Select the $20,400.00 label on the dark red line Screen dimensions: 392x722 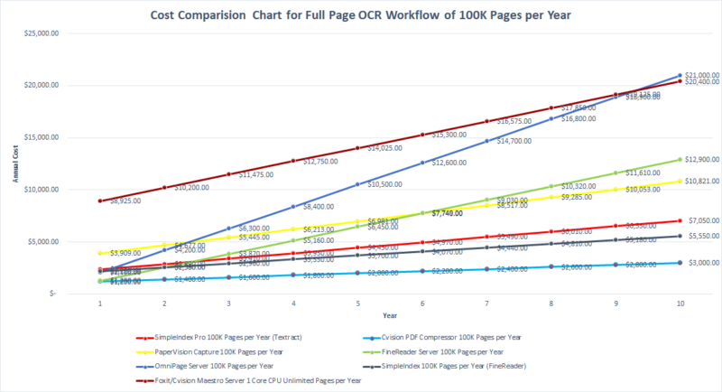click(703, 82)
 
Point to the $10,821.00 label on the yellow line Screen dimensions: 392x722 click(703, 182)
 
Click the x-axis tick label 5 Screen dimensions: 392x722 click(358, 304)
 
